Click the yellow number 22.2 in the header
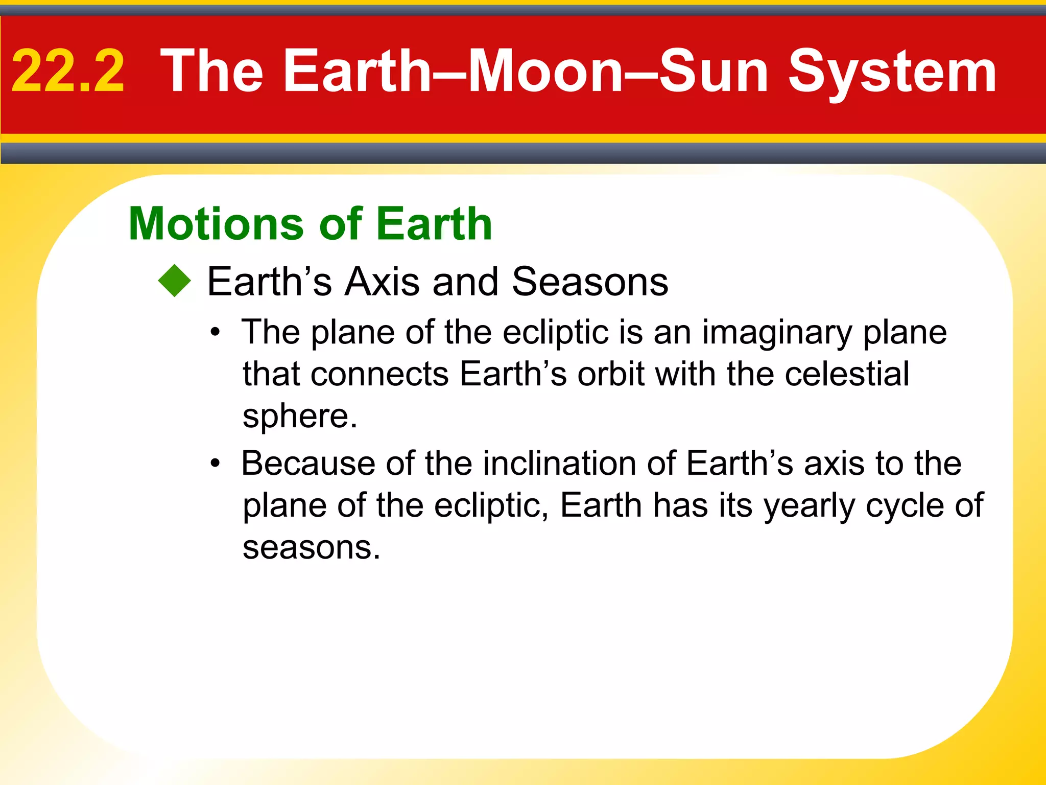68,72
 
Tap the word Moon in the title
545,72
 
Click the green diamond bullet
174,281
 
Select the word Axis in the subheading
382,282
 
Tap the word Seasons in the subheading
590,282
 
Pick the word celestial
847,374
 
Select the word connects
379,374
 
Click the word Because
308,463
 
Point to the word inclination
559,463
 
